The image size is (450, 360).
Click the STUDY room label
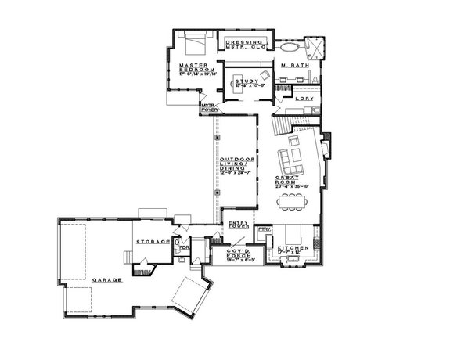[x=243, y=81]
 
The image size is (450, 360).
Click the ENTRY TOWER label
[x=238, y=225]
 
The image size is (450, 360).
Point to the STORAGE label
[x=153, y=243]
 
